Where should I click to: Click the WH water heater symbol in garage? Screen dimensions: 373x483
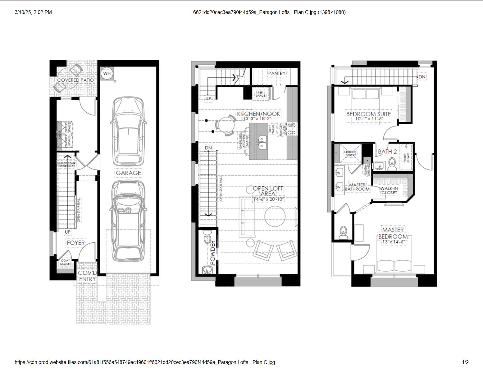(x=107, y=73)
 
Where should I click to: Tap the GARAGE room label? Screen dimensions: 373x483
(x=128, y=173)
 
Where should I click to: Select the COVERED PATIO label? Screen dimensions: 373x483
(x=75, y=80)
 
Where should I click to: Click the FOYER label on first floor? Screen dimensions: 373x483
(x=75, y=242)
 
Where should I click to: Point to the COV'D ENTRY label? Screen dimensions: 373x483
(x=87, y=276)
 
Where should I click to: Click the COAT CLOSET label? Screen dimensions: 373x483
(x=65, y=262)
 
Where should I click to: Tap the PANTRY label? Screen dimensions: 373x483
(x=276, y=73)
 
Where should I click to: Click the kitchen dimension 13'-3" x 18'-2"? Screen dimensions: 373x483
(x=258, y=118)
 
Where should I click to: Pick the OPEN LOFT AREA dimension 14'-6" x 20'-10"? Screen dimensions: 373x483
(x=268, y=199)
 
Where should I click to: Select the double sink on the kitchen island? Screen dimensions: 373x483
(x=263, y=142)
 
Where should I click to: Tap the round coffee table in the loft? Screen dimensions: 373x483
(x=275, y=216)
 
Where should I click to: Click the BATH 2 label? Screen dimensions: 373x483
(x=387, y=152)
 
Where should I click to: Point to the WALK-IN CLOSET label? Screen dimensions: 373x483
(x=389, y=190)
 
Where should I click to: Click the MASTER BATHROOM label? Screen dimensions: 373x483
(x=357, y=187)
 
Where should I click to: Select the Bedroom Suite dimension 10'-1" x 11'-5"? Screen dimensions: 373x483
(x=368, y=119)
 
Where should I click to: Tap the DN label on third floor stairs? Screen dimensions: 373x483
(x=422, y=76)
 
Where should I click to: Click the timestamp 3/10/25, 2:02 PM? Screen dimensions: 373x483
(x=33, y=12)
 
